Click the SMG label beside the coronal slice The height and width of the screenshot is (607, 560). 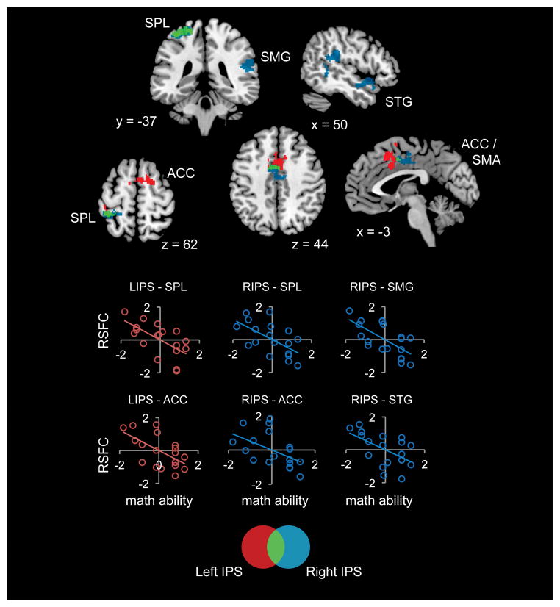pyautogui.click(x=275, y=56)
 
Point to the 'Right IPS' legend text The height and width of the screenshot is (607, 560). pyautogui.click(x=333, y=570)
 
